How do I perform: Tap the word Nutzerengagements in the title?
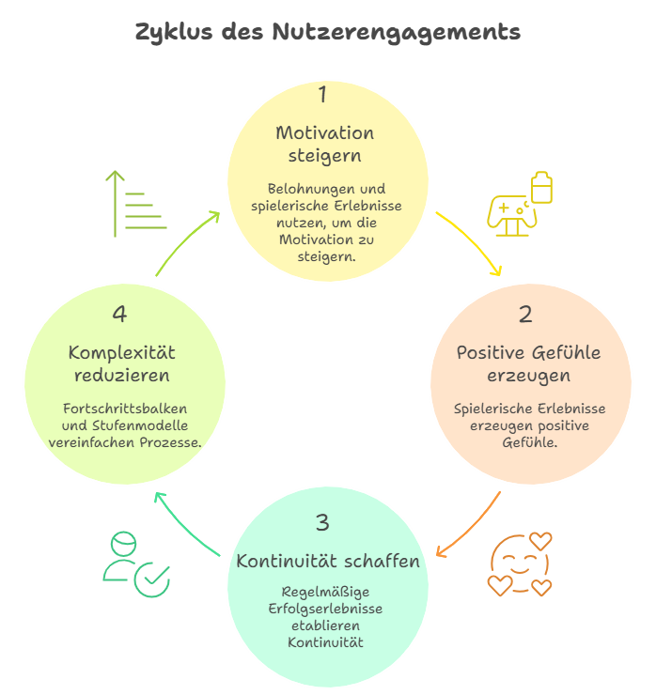396,33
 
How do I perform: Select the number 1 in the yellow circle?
323,95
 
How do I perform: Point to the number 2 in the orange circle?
525,315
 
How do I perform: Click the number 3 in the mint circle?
323,523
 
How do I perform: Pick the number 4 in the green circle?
119,315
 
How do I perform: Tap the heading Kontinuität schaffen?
328,562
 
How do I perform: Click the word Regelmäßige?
325,592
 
